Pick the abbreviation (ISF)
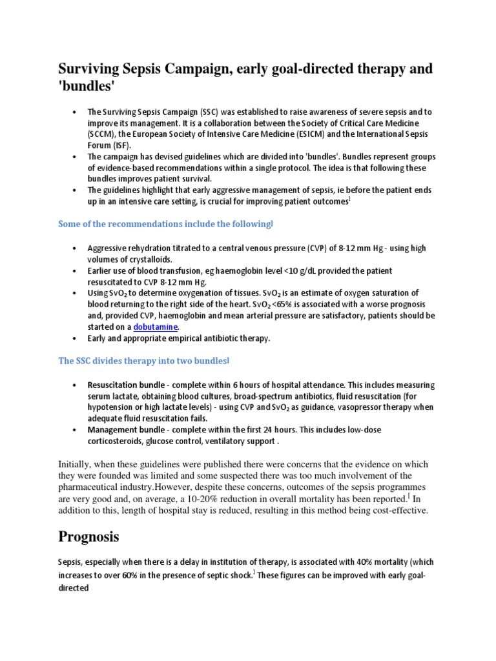click(121, 145)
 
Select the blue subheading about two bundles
click(144, 361)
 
